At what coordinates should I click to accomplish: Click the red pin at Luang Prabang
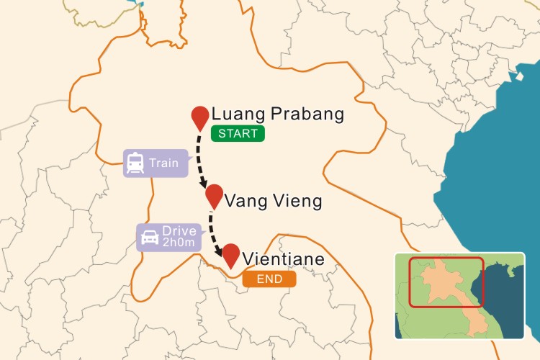(200, 117)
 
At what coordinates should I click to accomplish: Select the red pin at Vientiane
(231, 254)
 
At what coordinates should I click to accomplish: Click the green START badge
(238, 133)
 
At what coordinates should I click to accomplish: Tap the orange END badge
(269, 279)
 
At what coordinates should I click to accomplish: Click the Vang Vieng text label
(273, 201)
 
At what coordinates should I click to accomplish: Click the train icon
(135, 163)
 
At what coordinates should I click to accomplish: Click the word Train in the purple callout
(163, 163)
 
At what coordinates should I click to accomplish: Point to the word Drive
(179, 231)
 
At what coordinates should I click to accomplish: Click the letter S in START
(220, 133)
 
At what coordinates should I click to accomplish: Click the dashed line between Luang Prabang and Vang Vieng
(199, 155)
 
